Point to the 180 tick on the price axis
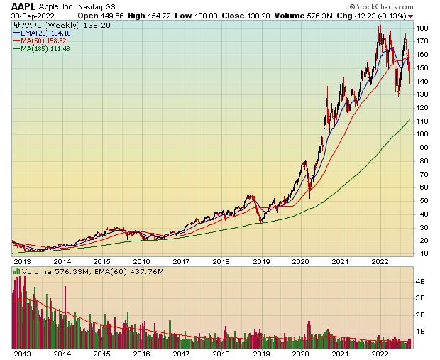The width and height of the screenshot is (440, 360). pos(422,28)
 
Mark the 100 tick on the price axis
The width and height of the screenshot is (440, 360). pos(422,133)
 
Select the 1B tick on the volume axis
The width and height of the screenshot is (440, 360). pos(420,330)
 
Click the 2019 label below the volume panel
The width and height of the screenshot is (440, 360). pos(262,353)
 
